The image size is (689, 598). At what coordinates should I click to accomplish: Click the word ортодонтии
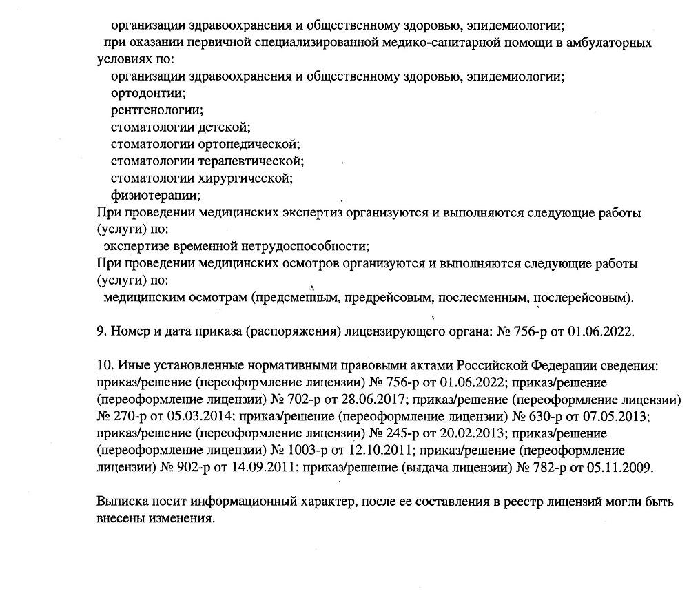(x=148, y=93)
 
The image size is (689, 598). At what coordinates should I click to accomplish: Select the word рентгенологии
(x=157, y=110)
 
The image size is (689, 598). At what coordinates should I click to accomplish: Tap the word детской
(x=224, y=127)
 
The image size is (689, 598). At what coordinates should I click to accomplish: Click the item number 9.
(x=101, y=331)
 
